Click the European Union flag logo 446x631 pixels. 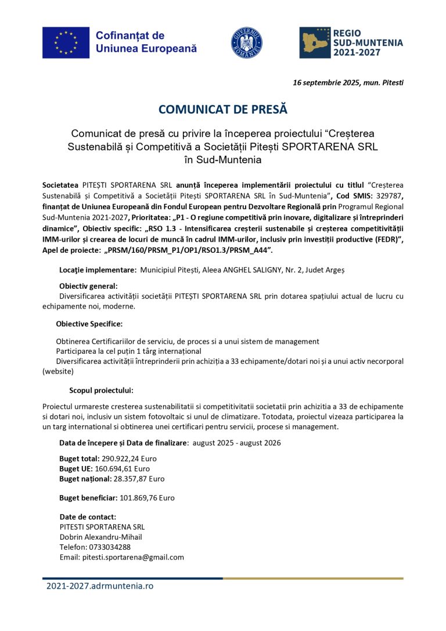pos(66,42)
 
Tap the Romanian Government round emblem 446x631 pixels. pos(247,42)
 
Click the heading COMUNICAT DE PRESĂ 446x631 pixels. pos(223,109)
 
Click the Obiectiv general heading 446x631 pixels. pos(88,286)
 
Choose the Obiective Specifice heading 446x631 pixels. pos(89,324)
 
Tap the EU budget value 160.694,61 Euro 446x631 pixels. pos(122,468)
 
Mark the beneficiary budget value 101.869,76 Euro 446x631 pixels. pos(147,497)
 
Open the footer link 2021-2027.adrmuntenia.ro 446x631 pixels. pos(100,586)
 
